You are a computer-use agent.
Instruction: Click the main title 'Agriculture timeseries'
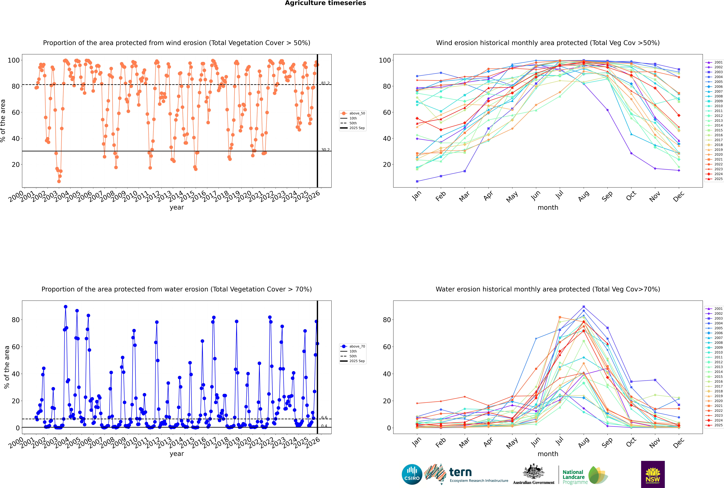click(x=325, y=3)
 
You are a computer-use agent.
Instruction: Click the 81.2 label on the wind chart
click(x=325, y=83)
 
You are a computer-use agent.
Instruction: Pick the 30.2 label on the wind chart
click(x=325, y=150)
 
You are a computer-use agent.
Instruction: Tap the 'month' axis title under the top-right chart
click(x=548, y=208)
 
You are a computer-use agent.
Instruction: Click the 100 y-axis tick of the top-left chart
click(x=14, y=60)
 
